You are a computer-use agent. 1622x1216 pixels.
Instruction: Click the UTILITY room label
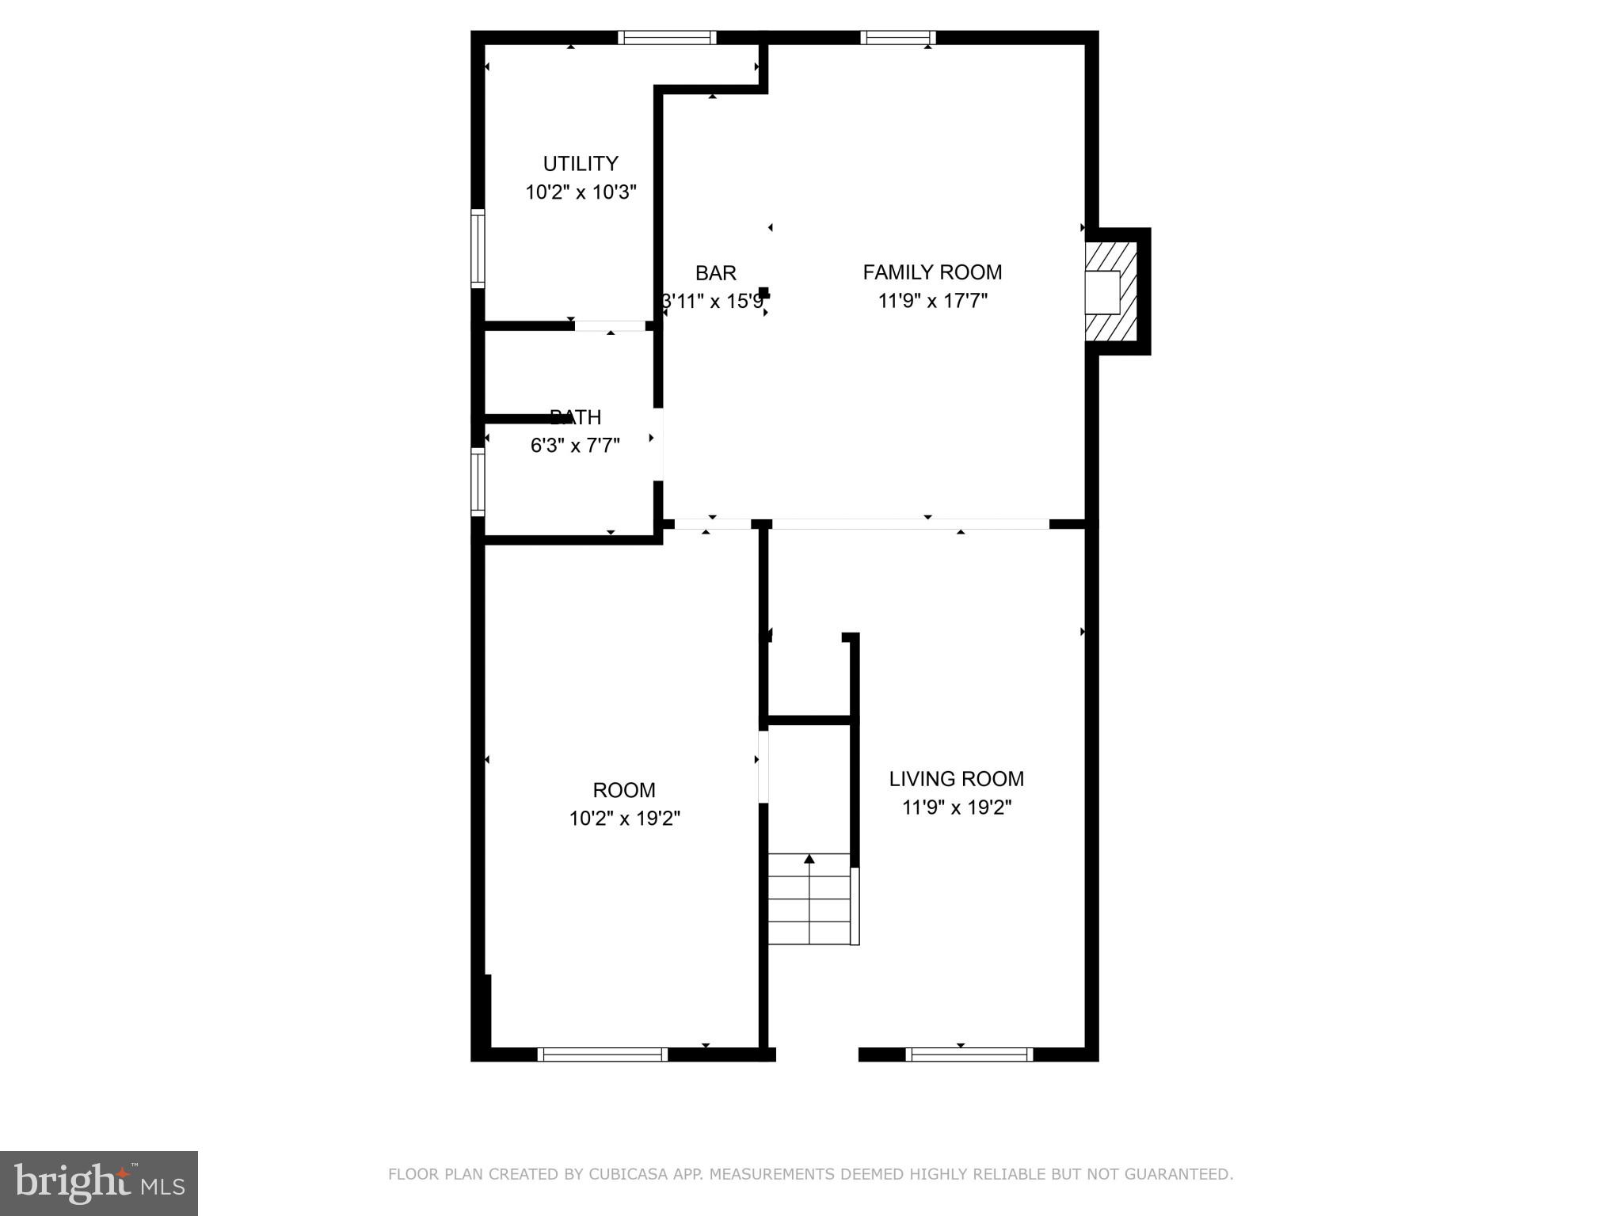(x=580, y=164)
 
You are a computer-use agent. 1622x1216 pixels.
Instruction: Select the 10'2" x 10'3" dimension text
(x=581, y=192)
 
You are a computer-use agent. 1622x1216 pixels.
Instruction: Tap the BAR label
(x=715, y=273)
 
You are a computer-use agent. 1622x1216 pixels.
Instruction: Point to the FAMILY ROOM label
(x=932, y=272)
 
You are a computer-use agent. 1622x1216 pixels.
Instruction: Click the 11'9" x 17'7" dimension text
(x=932, y=301)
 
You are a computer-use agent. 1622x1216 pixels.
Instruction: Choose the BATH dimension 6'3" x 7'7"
(x=574, y=446)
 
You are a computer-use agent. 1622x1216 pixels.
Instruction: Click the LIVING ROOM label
(x=956, y=779)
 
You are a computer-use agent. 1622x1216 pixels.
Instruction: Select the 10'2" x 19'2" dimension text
(x=624, y=819)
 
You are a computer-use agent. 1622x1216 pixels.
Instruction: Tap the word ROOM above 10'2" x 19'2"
(x=624, y=790)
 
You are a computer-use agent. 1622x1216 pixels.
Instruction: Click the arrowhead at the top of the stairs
(x=809, y=859)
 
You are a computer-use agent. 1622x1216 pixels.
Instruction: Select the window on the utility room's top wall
(x=667, y=37)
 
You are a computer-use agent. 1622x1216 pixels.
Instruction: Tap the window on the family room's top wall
(x=897, y=37)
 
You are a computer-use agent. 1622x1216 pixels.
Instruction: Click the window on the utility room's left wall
(x=478, y=248)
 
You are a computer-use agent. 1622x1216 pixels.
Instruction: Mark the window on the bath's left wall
(x=478, y=482)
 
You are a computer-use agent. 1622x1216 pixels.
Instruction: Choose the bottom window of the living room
(x=969, y=1054)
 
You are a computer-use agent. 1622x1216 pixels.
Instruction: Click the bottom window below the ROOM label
(x=602, y=1054)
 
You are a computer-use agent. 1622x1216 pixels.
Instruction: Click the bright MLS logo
(x=99, y=1183)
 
